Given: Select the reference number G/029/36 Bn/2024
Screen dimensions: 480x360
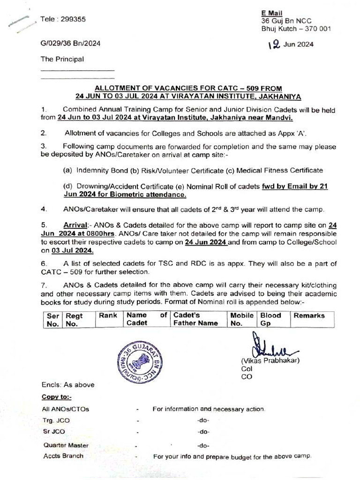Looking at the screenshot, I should pyautogui.click(x=70, y=44).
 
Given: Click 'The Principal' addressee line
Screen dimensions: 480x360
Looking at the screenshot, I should pyautogui.click(x=62, y=60).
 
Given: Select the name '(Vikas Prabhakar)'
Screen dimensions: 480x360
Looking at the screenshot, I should pyautogui.click(x=270, y=361).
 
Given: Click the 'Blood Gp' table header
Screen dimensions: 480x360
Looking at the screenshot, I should pyautogui.click(x=271, y=319).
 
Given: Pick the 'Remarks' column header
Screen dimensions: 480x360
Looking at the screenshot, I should pyautogui.click(x=309, y=315).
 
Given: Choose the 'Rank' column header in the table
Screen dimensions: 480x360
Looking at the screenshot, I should pyautogui.click(x=108, y=315).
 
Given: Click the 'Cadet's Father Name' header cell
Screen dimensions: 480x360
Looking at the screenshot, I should pyautogui.click(x=195, y=319).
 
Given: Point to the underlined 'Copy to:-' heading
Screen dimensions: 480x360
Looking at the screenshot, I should pyautogui.click(x=57, y=397).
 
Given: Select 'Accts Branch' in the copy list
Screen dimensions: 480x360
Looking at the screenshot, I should pyautogui.click(x=63, y=456).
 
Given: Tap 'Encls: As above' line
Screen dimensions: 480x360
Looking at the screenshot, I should pyautogui.click(x=68, y=385).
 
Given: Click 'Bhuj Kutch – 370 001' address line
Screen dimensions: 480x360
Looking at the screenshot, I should pyautogui.click(x=296, y=29).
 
